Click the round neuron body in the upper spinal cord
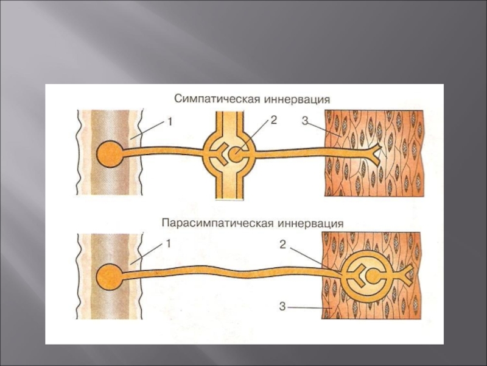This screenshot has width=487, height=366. click(x=110, y=153)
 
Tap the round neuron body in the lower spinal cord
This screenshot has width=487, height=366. click(x=110, y=275)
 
